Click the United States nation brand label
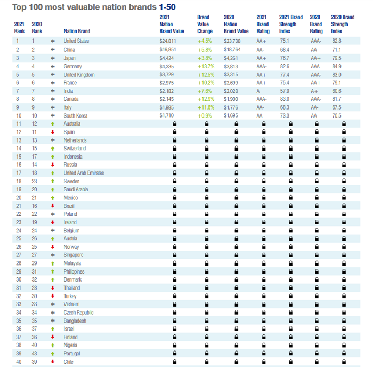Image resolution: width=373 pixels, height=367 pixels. coord(76,41)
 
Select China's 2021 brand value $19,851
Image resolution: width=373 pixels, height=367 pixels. coord(168,50)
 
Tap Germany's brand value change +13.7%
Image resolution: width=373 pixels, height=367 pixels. coord(205,66)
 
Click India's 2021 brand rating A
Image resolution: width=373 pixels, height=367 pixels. coord(258,91)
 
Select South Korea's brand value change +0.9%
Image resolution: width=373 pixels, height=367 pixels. coord(205,115)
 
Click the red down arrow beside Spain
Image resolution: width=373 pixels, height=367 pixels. coord(52,132)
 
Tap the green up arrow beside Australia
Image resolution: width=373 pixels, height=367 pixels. coord(52,124)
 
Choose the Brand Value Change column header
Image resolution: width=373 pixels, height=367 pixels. coord(205,24)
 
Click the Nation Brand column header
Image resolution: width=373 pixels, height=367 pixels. coord(75,31)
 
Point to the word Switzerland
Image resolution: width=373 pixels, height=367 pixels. coord(75,149)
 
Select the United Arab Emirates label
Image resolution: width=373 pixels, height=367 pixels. coord(84,173)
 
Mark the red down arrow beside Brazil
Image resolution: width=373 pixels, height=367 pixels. coord(52,206)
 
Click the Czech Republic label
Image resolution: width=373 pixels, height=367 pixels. coord(79,313)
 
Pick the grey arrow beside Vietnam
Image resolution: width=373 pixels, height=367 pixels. coord(52,304)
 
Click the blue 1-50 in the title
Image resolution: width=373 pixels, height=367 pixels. coord(167,7)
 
